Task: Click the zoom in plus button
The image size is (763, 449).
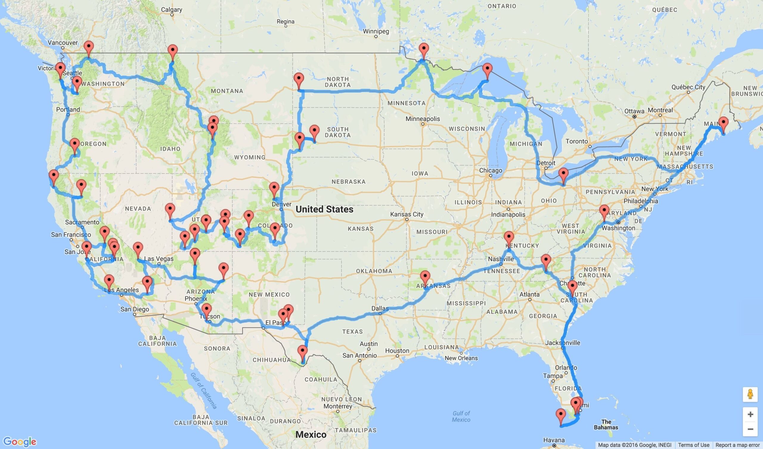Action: click(x=750, y=414)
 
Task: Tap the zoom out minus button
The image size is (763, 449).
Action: click(x=750, y=429)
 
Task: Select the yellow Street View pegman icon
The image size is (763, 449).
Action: click(x=750, y=395)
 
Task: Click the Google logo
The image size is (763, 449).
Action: click(x=20, y=442)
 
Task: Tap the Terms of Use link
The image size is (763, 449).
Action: click(x=694, y=445)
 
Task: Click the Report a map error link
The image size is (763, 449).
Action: click(x=739, y=445)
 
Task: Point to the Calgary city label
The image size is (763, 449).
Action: click(x=171, y=10)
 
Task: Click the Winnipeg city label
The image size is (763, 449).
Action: click(x=376, y=32)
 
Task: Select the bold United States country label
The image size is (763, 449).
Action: click(x=324, y=209)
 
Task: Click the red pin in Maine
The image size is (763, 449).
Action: click(x=723, y=124)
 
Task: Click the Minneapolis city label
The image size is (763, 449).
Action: click(x=422, y=119)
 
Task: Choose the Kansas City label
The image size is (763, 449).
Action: click(x=406, y=214)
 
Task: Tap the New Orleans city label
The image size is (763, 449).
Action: click(x=461, y=358)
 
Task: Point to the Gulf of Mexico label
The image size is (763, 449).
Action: click(x=461, y=416)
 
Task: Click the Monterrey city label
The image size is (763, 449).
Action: click(x=338, y=406)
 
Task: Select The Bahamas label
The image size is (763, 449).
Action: click(x=606, y=425)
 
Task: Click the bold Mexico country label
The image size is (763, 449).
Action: click(x=311, y=435)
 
